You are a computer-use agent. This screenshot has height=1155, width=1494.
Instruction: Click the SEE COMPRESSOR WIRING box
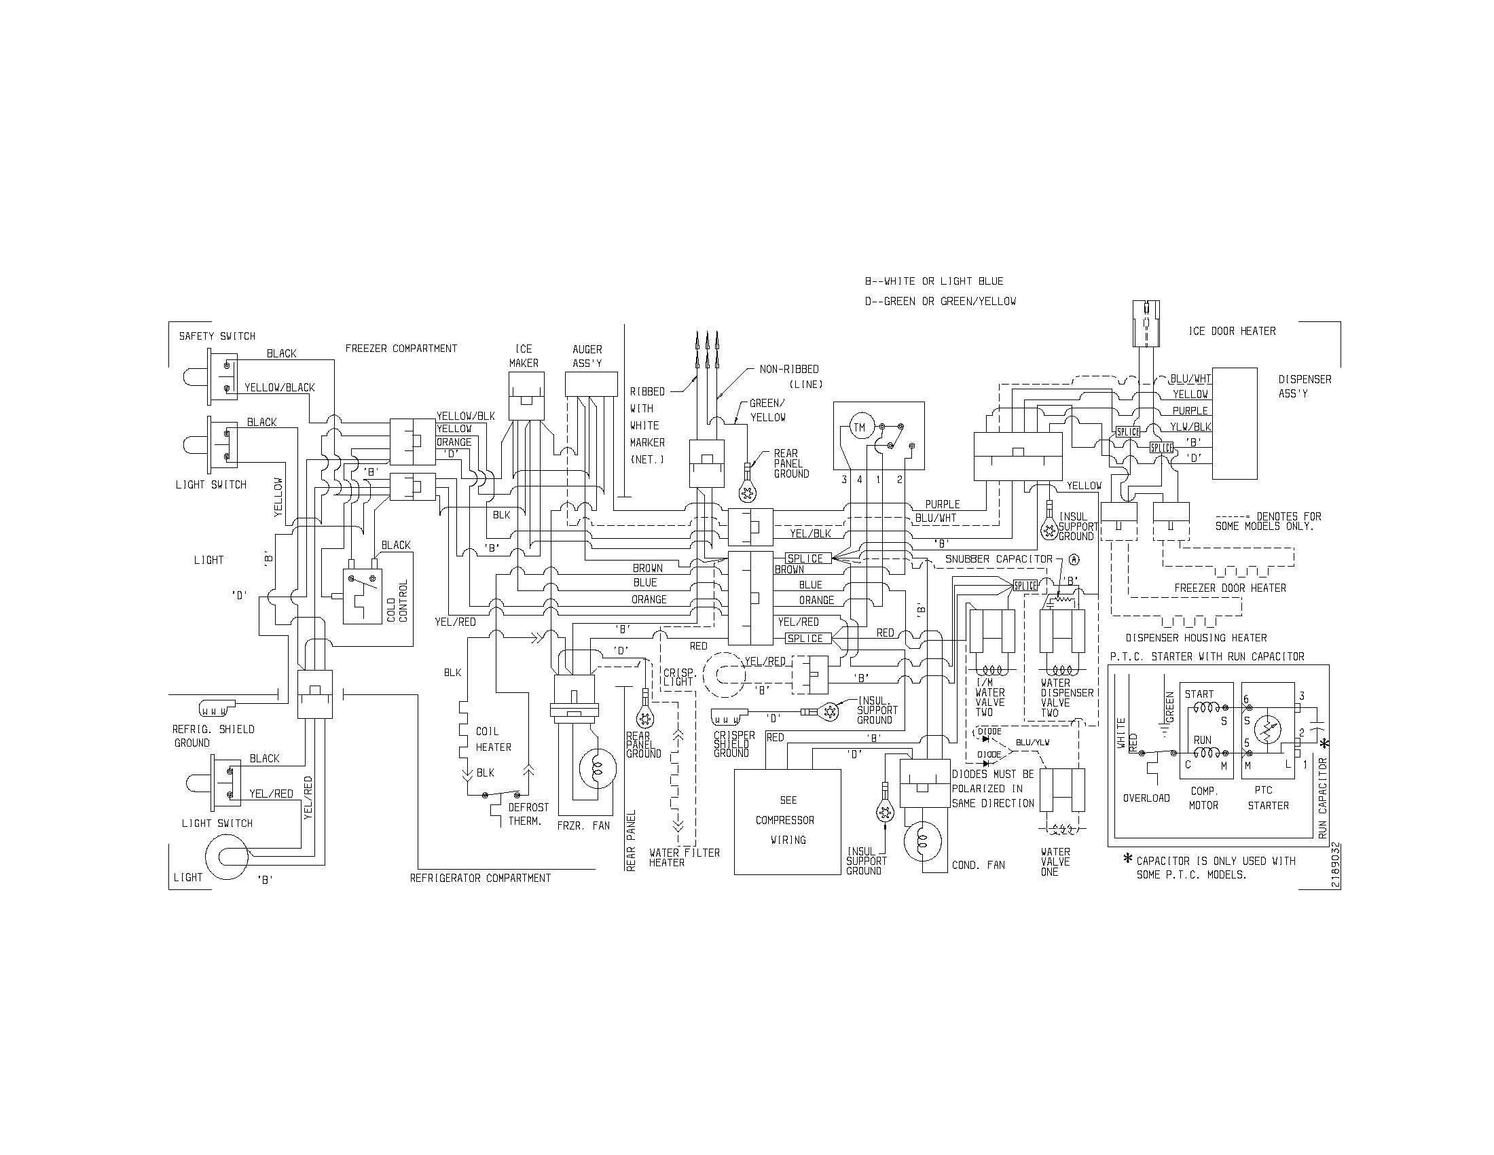[787, 821]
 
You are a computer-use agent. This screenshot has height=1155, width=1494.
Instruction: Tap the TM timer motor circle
[859, 428]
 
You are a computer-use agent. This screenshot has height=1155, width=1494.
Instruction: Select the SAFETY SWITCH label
[217, 336]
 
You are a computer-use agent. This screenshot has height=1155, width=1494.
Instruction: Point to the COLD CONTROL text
[397, 601]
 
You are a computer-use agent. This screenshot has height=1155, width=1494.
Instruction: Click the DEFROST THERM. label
[528, 814]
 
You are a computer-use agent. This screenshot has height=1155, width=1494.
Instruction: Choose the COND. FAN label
[978, 866]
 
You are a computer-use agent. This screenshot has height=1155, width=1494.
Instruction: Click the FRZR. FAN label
[583, 826]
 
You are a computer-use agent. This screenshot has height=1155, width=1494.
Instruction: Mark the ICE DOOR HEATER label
[1232, 331]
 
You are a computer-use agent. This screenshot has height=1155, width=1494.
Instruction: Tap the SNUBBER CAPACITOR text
[999, 559]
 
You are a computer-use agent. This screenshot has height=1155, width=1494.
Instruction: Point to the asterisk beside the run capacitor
[1325, 744]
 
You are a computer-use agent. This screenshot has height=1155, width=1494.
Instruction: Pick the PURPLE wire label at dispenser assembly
[1190, 410]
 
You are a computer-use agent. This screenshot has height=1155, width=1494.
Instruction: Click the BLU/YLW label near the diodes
[1032, 743]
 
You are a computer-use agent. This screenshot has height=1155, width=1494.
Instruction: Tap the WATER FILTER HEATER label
[684, 857]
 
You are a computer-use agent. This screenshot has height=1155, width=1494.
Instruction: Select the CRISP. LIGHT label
[678, 677]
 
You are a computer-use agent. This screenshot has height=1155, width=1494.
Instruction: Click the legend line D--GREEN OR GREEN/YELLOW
[940, 301]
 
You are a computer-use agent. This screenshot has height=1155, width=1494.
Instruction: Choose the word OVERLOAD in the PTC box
[1146, 798]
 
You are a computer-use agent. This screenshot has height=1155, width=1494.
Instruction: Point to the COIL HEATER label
[493, 739]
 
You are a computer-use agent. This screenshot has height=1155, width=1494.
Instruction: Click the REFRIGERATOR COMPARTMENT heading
[480, 878]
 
